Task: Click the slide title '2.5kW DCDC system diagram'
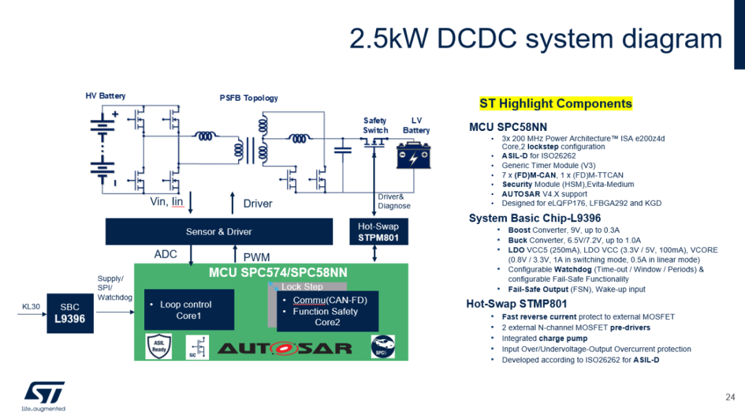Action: click(x=536, y=39)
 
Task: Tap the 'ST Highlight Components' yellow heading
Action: click(x=555, y=104)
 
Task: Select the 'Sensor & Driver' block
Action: click(x=219, y=232)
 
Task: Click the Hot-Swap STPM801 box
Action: click(x=378, y=232)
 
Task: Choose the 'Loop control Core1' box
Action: click(x=189, y=310)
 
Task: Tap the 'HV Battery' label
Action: click(x=105, y=96)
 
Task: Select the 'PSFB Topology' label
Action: click(x=248, y=98)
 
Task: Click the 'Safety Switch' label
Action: click(x=375, y=125)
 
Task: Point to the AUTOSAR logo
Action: click(x=284, y=347)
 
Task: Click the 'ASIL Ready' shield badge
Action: click(x=157, y=346)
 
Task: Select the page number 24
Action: click(x=730, y=397)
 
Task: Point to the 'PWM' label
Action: click(x=256, y=257)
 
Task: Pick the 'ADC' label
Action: click(x=166, y=254)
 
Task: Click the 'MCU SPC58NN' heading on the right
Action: click(x=509, y=127)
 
